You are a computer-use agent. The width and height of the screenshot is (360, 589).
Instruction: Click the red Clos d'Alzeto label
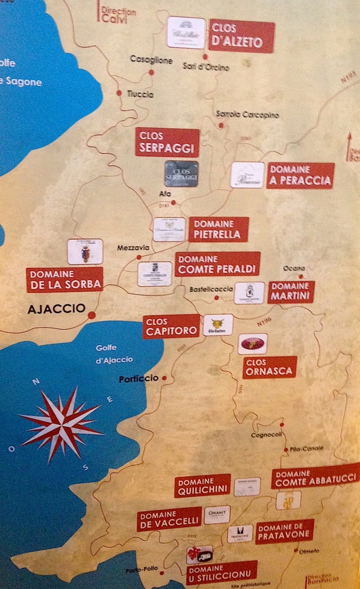(x=241, y=36)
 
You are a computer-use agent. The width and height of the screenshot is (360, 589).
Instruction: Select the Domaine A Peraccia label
(x=300, y=175)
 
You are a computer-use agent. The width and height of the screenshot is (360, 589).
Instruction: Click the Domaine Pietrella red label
(x=218, y=229)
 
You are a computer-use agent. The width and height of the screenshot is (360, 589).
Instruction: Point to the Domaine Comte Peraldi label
(x=217, y=264)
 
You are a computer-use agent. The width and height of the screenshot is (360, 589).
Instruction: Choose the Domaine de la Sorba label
(x=65, y=279)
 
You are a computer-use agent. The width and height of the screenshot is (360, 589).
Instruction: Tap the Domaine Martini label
(x=291, y=292)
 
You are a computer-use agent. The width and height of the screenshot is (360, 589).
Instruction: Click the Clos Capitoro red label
(x=171, y=326)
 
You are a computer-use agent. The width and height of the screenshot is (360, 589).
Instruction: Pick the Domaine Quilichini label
(x=203, y=485)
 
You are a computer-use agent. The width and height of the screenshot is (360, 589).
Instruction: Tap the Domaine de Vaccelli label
(x=169, y=519)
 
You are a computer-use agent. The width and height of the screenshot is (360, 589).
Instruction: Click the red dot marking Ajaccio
(x=92, y=314)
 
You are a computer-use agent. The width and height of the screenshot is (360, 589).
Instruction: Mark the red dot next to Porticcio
(x=164, y=378)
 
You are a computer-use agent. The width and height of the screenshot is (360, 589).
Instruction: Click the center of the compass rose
(x=61, y=425)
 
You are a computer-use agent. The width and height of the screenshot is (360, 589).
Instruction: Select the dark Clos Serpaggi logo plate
(x=181, y=173)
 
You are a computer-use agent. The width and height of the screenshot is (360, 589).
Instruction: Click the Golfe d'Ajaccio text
(x=114, y=354)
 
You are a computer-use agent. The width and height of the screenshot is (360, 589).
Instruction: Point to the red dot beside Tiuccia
(x=119, y=93)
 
